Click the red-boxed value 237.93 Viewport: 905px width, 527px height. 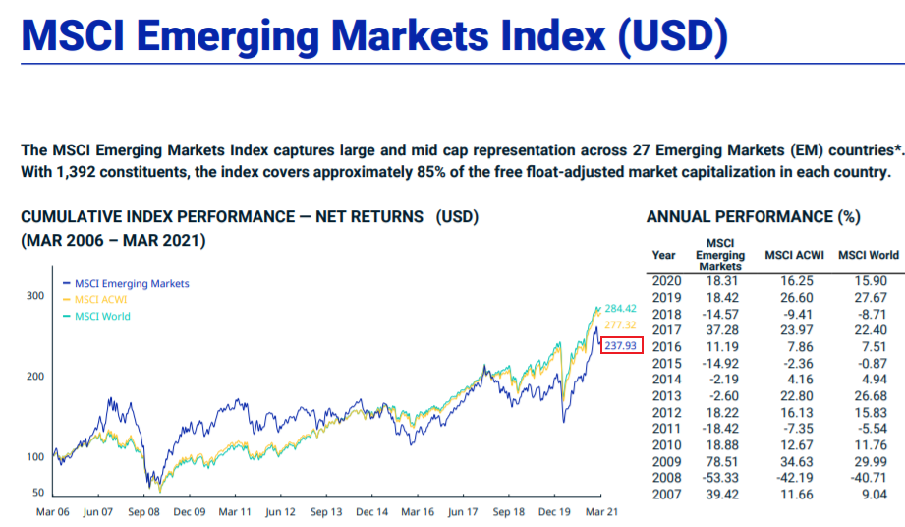(x=621, y=345)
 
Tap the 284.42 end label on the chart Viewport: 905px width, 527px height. (x=621, y=308)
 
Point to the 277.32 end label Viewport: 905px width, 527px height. (x=621, y=324)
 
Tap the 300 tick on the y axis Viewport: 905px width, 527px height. (x=34, y=295)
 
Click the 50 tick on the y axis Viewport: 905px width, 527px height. (x=38, y=492)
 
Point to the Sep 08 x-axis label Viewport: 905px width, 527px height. (x=143, y=512)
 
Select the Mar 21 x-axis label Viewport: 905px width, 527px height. (x=600, y=512)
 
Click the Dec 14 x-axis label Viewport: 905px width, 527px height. (x=372, y=512)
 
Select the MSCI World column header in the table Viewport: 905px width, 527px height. (x=868, y=256)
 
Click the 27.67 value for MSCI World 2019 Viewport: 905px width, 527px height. (x=871, y=298)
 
